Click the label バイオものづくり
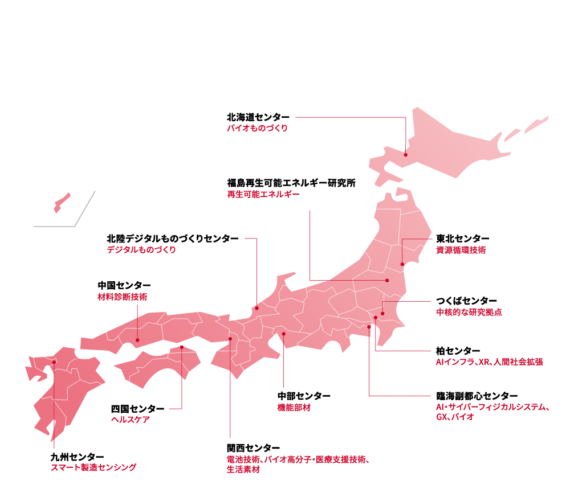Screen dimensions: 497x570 pyautogui.click(x=258, y=129)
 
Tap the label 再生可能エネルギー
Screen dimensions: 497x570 pyautogui.click(x=263, y=194)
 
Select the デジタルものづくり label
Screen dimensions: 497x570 pyautogui.click(x=142, y=250)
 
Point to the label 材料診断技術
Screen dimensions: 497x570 pyautogui.click(x=122, y=297)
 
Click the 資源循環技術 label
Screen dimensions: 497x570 pyautogui.click(x=461, y=250)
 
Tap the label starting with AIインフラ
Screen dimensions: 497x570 pyautogui.click(x=489, y=362)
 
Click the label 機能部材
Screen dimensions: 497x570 pyautogui.click(x=294, y=408)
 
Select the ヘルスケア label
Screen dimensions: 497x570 pyautogui.click(x=131, y=420)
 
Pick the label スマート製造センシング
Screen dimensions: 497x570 pyautogui.click(x=94, y=467)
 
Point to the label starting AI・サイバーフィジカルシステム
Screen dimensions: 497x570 pyautogui.click(x=492, y=408)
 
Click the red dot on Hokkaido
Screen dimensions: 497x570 pyautogui.click(x=406, y=154)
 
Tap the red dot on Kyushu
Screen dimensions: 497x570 pyautogui.click(x=54, y=362)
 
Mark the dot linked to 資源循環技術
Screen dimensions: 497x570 pyautogui.click(x=402, y=264)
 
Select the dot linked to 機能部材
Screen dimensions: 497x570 pyautogui.click(x=283, y=334)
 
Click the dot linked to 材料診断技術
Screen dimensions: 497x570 pyautogui.click(x=137, y=340)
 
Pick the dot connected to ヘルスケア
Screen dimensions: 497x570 pyautogui.click(x=182, y=347)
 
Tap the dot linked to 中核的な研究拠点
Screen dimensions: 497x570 pyautogui.click(x=383, y=314)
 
